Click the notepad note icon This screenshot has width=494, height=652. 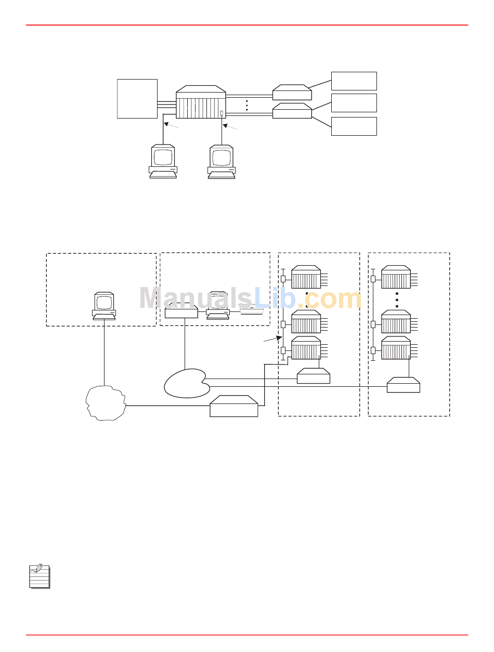point(40,576)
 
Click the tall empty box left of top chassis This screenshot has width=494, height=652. point(137,99)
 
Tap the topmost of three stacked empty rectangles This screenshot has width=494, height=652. point(354,81)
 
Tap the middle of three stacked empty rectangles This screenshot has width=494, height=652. point(354,103)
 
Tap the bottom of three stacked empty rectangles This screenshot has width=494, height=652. point(354,126)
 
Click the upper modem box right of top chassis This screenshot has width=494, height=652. point(292,93)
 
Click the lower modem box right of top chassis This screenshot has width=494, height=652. point(292,111)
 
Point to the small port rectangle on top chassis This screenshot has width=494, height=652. point(222,113)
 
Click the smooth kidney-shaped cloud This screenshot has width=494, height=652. point(187,384)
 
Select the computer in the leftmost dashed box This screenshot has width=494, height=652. point(104,305)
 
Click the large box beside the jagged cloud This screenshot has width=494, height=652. point(234,406)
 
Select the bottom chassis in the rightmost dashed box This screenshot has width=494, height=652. point(396,348)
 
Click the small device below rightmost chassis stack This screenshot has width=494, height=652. point(404,385)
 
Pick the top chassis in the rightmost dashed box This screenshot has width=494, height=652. point(396,277)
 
